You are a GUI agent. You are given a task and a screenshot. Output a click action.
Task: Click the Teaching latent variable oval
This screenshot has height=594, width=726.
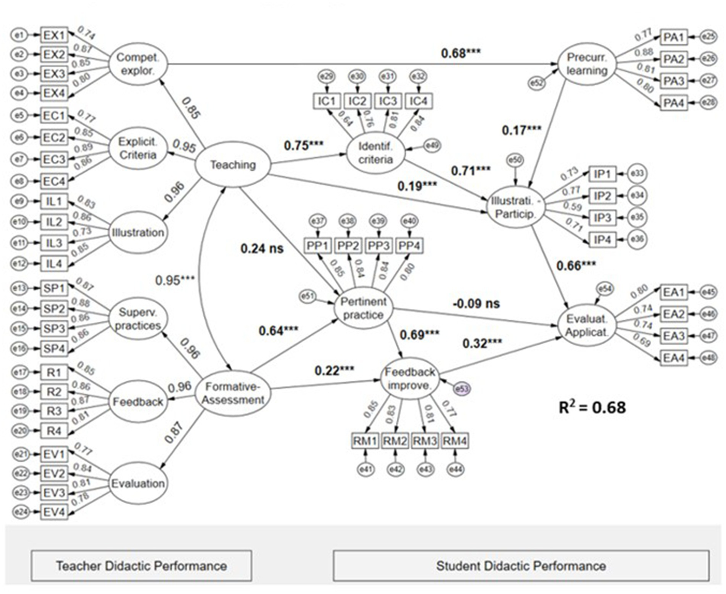coord(233,165)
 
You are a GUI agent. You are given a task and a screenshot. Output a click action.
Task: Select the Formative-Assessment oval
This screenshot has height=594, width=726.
coord(233,393)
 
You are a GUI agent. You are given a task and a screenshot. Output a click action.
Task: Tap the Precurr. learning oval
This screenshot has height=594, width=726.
coord(586,64)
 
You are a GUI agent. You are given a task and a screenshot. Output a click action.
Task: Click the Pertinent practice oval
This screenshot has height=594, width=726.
coord(363,308)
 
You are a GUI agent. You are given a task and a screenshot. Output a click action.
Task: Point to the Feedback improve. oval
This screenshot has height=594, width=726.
coord(410,378)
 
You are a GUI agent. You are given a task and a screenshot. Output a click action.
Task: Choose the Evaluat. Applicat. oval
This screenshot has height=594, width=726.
coord(586,325)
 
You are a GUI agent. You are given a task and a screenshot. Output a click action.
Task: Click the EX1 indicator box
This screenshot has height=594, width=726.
coord(54,35)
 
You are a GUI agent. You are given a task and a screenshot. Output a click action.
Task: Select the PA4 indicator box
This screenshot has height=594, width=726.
coord(674,103)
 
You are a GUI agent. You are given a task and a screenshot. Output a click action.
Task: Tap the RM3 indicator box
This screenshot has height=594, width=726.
coord(425,441)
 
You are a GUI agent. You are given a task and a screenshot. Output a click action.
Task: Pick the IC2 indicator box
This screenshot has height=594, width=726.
coord(358,101)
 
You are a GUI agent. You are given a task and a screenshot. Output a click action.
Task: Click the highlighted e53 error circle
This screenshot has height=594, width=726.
coord(462,389)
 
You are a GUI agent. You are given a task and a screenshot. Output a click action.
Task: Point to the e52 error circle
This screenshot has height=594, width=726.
coord(536,83)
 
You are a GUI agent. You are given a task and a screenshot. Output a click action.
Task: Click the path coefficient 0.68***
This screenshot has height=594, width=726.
coord(461,53)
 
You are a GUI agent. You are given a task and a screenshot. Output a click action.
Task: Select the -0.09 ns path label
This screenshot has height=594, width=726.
coord(476,304)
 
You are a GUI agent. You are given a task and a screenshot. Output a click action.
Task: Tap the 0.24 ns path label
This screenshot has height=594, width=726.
coord(262,248)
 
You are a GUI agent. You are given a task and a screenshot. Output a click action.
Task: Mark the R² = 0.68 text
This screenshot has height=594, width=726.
coord(592,407)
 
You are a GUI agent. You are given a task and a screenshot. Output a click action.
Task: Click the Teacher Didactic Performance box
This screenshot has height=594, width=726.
coord(141,566)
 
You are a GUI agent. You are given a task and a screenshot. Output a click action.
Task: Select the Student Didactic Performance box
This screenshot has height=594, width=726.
coord(521,566)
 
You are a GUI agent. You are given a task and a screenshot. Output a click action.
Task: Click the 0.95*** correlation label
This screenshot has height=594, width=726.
coord(175,280)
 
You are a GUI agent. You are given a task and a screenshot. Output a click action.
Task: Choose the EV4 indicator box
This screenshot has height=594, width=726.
coord(54,512)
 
